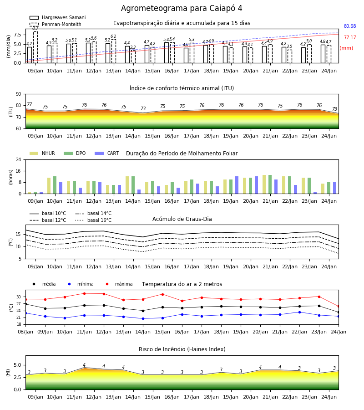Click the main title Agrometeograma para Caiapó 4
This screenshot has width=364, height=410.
coord(182,8)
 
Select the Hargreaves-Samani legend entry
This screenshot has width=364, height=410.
coord(58,17)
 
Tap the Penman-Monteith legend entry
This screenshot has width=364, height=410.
coord(56,24)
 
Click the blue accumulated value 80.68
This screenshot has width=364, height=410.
coord(350,26)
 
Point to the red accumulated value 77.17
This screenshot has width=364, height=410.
coord(350,38)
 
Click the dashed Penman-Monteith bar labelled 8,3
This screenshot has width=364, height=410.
coord(35,47)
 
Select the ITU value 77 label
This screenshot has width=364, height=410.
coord(29,105)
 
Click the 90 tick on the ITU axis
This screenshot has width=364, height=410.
coord(18,94)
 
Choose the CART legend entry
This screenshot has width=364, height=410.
coord(107,153)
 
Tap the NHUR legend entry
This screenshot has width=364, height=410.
coord(42,153)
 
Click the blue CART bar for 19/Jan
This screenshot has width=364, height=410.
coord(237,185)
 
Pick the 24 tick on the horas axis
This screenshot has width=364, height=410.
coord(18,159)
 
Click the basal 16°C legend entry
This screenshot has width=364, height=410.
coord(93,220)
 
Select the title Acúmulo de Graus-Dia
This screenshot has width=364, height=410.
coord(182,219)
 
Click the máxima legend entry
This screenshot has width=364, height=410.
coord(117,284)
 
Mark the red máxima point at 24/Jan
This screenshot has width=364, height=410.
coord(339,307)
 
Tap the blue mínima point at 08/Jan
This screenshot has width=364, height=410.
coord(25,313)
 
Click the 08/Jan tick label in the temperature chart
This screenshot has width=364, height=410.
coord(25,332)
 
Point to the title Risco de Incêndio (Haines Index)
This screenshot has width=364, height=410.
coord(182,349)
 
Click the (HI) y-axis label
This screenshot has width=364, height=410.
coord(8,373)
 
